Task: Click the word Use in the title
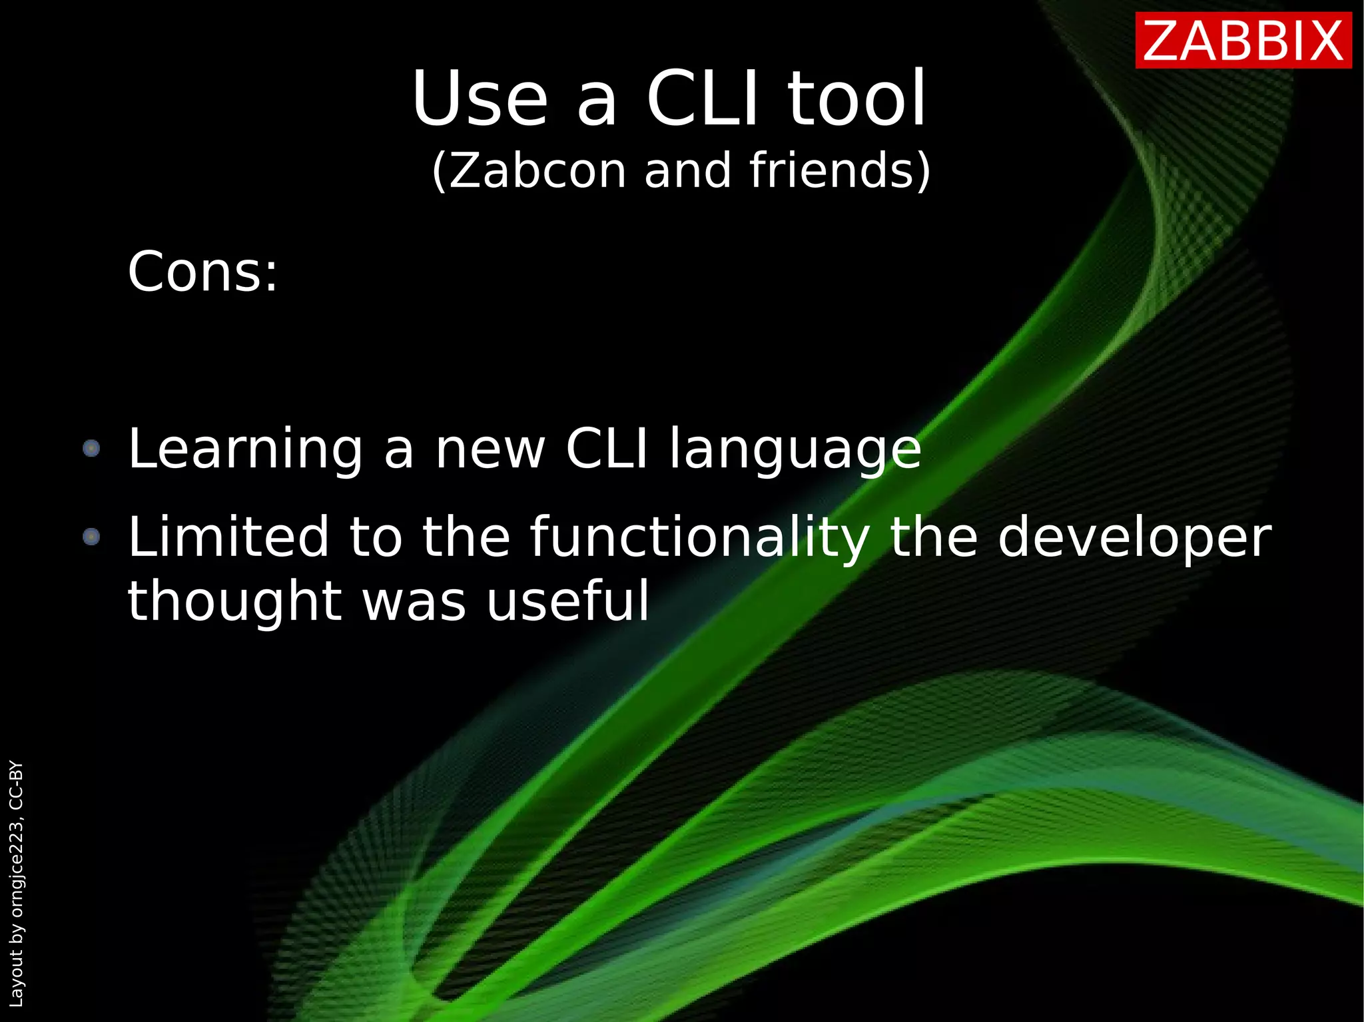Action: (480, 100)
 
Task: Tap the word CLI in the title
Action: (702, 100)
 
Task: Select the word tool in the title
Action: (857, 100)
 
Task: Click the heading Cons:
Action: (202, 272)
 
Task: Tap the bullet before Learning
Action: (91, 448)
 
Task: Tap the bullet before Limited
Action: (91, 536)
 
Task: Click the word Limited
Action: (228, 537)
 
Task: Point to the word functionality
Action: (699, 538)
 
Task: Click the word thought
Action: (234, 602)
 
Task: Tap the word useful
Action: (567, 601)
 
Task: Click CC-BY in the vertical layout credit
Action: (16, 786)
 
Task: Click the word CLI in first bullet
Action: (606, 449)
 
